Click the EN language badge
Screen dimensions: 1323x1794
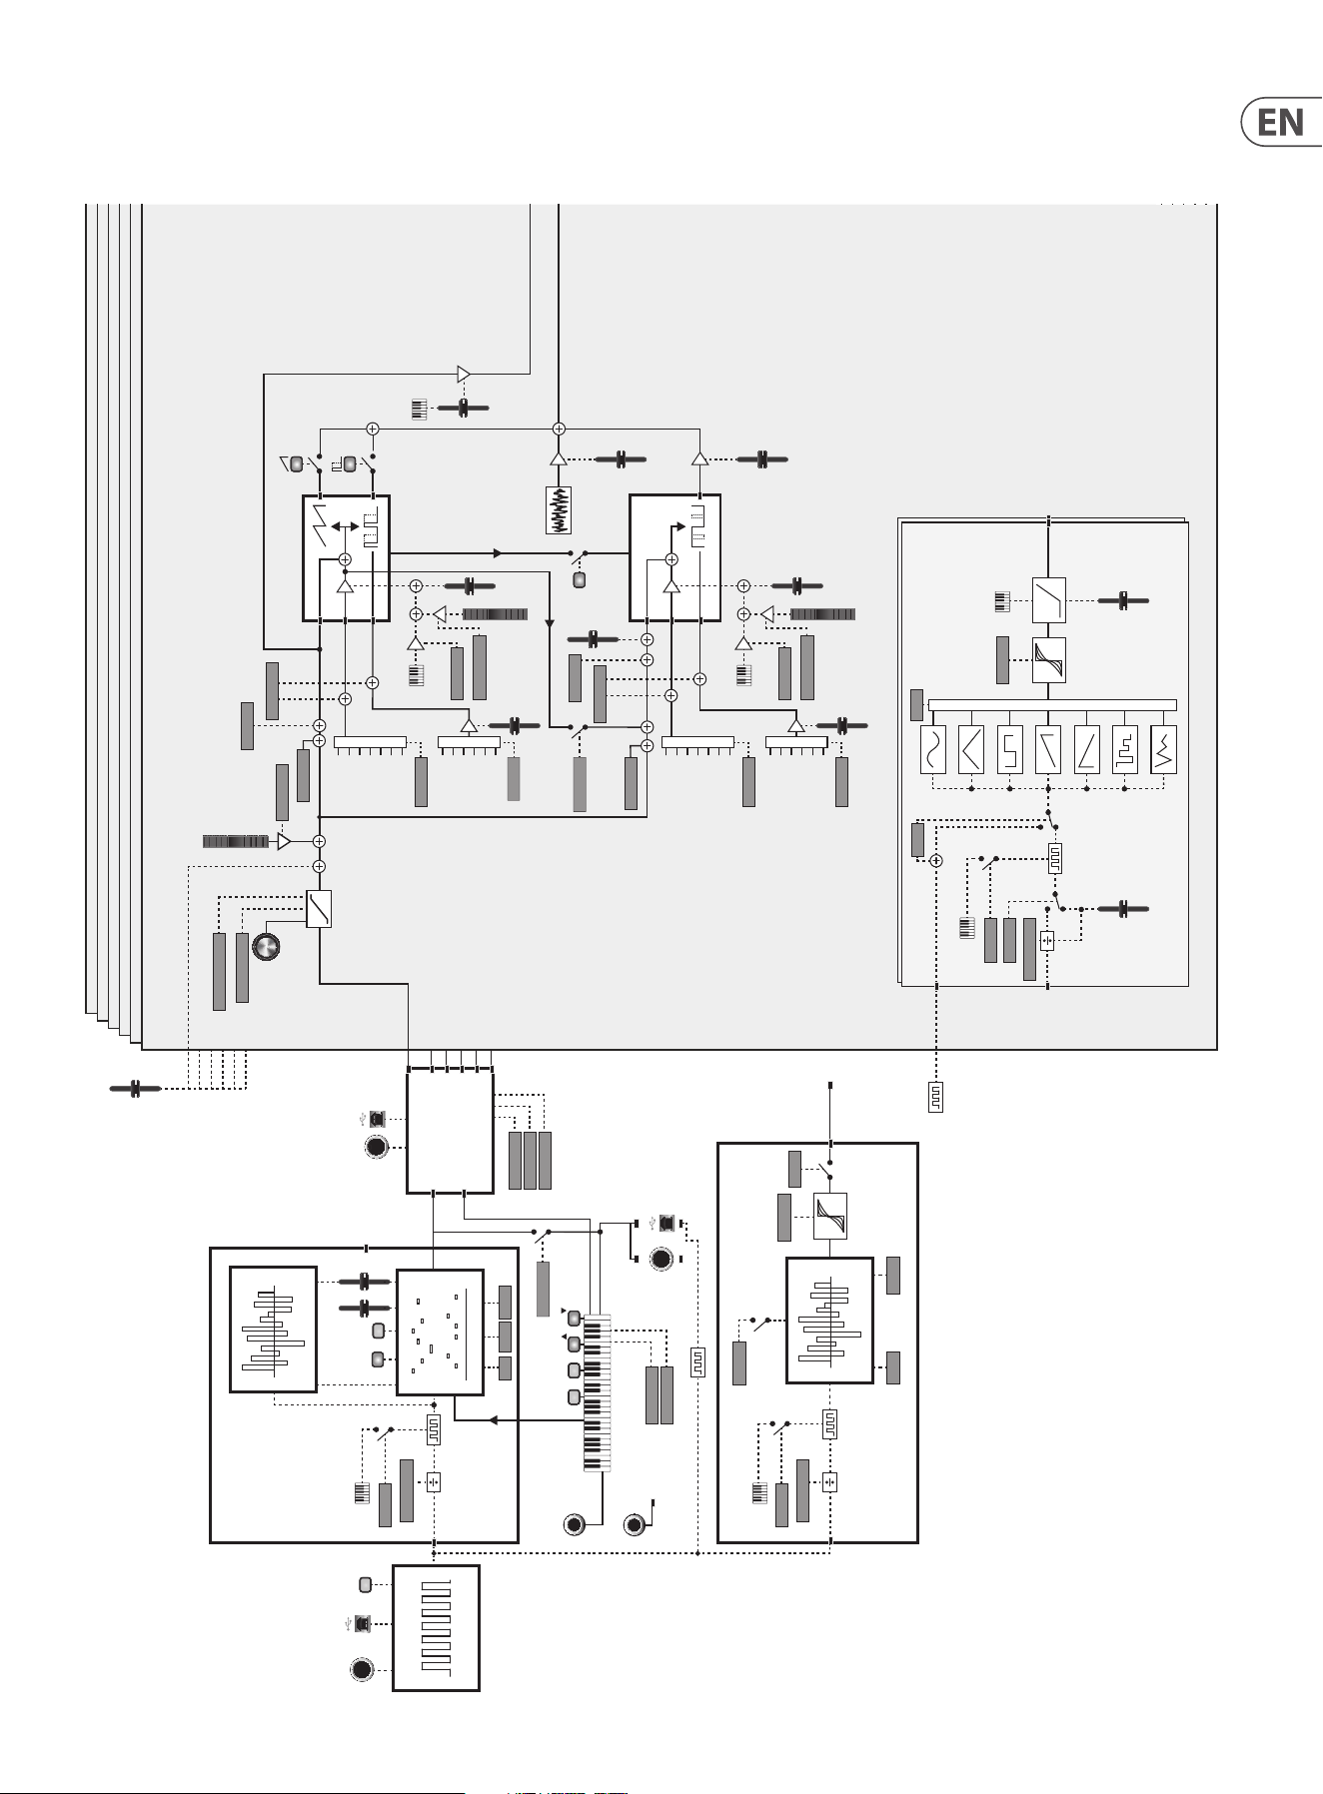pyautogui.click(x=1280, y=122)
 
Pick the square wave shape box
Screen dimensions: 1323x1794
pyautogui.click(x=1009, y=750)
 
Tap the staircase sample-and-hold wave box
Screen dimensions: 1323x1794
pyautogui.click(x=1125, y=750)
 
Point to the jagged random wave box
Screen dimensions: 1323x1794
pyautogui.click(x=1164, y=750)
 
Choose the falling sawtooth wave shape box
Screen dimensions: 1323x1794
pyautogui.click(x=1048, y=750)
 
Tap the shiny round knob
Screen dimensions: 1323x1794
pyautogui.click(x=266, y=947)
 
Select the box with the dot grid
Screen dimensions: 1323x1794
pyautogui.click(x=441, y=1332)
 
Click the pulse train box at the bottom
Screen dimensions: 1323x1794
pyautogui.click(x=436, y=1627)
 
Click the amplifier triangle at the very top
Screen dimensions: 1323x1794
pyautogui.click(x=464, y=375)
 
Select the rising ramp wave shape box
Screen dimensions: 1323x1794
pyautogui.click(x=1086, y=750)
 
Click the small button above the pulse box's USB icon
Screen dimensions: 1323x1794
pyautogui.click(x=365, y=1584)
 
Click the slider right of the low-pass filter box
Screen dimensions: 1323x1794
pyautogui.click(x=1123, y=600)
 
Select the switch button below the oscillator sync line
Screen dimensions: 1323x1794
pyautogui.click(x=579, y=580)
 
